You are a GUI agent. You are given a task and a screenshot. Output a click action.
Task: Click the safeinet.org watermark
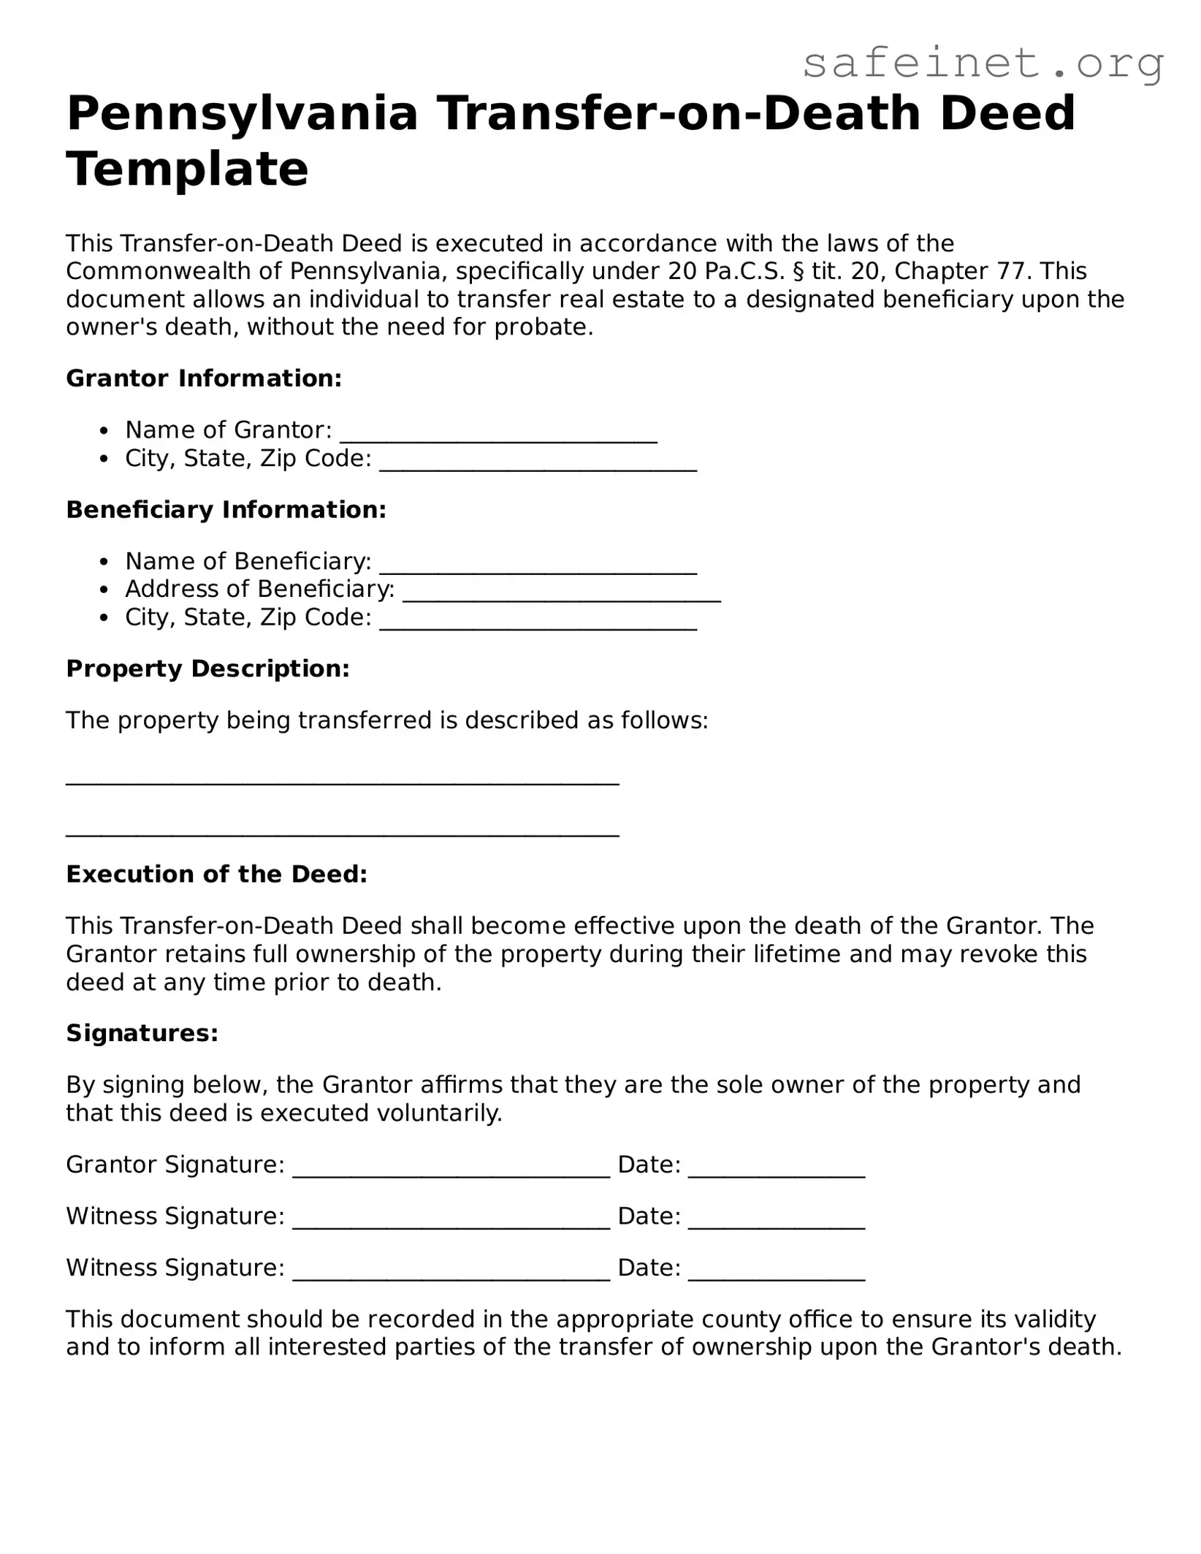[983, 64]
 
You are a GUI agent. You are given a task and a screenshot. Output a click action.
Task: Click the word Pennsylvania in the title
[242, 114]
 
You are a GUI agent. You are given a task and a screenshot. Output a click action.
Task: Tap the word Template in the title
[188, 170]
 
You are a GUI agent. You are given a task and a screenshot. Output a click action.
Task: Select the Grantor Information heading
[204, 378]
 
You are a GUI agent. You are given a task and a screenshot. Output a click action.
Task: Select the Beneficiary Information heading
[226, 510]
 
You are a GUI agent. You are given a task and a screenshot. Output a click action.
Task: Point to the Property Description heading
[207, 669]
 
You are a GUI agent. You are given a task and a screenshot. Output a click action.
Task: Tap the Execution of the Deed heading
[216, 875]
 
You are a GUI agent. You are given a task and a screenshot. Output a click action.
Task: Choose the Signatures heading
[142, 1033]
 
